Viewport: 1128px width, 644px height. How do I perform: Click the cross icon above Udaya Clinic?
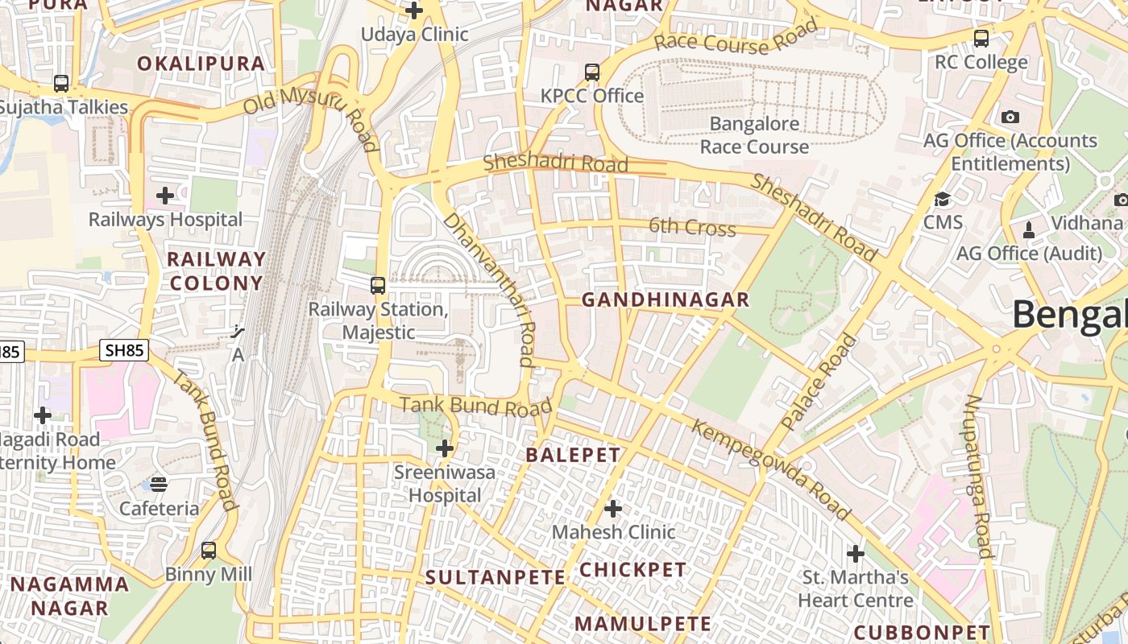[414, 10]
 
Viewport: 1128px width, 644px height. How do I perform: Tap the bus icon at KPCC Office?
[592, 72]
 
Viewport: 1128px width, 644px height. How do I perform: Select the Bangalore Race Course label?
[754, 135]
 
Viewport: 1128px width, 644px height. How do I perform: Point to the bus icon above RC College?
[981, 38]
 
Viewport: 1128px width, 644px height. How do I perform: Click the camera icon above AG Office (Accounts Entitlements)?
[1010, 117]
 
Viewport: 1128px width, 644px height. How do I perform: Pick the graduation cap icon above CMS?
[942, 199]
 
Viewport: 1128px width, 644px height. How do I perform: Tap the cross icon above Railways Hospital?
[165, 196]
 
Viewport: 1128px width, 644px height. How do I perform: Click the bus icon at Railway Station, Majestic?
[378, 285]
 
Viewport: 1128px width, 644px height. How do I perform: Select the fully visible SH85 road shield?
[124, 350]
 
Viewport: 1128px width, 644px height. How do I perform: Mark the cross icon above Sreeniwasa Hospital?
[445, 448]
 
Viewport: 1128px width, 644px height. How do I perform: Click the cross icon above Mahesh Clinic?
[613, 509]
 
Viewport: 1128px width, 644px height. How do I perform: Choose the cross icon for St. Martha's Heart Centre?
[856, 554]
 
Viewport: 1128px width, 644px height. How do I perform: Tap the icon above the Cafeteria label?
[159, 484]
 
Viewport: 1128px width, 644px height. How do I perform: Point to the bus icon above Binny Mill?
[209, 551]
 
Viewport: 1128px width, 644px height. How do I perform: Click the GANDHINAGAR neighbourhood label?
[666, 300]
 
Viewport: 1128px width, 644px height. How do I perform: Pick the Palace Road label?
[820, 382]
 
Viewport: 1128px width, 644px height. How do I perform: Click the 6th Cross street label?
[692, 227]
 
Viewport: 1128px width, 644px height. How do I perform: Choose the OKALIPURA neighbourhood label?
[201, 64]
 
